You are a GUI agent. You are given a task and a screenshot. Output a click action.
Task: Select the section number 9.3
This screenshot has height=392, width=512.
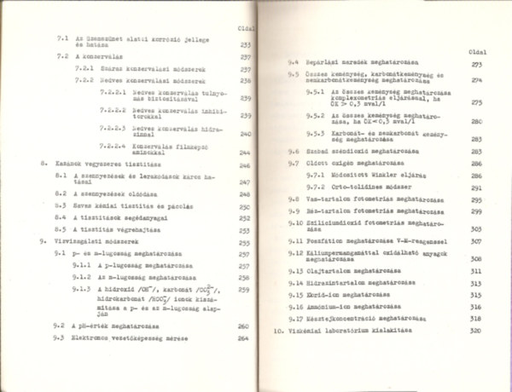[x=59, y=339]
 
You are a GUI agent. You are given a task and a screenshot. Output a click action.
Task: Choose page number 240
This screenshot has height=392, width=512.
[x=246, y=134]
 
